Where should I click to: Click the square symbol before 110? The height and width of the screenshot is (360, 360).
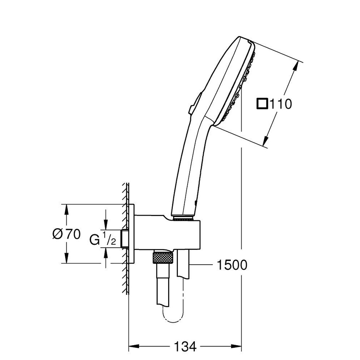tap(263, 103)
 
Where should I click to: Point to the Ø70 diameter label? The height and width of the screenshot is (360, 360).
tap(66, 234)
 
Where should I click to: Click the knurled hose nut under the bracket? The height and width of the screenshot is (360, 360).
tap(162, 257)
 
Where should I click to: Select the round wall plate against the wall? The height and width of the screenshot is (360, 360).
tap(133, 234)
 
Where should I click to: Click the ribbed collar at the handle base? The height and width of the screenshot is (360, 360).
tap(183, 219)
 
